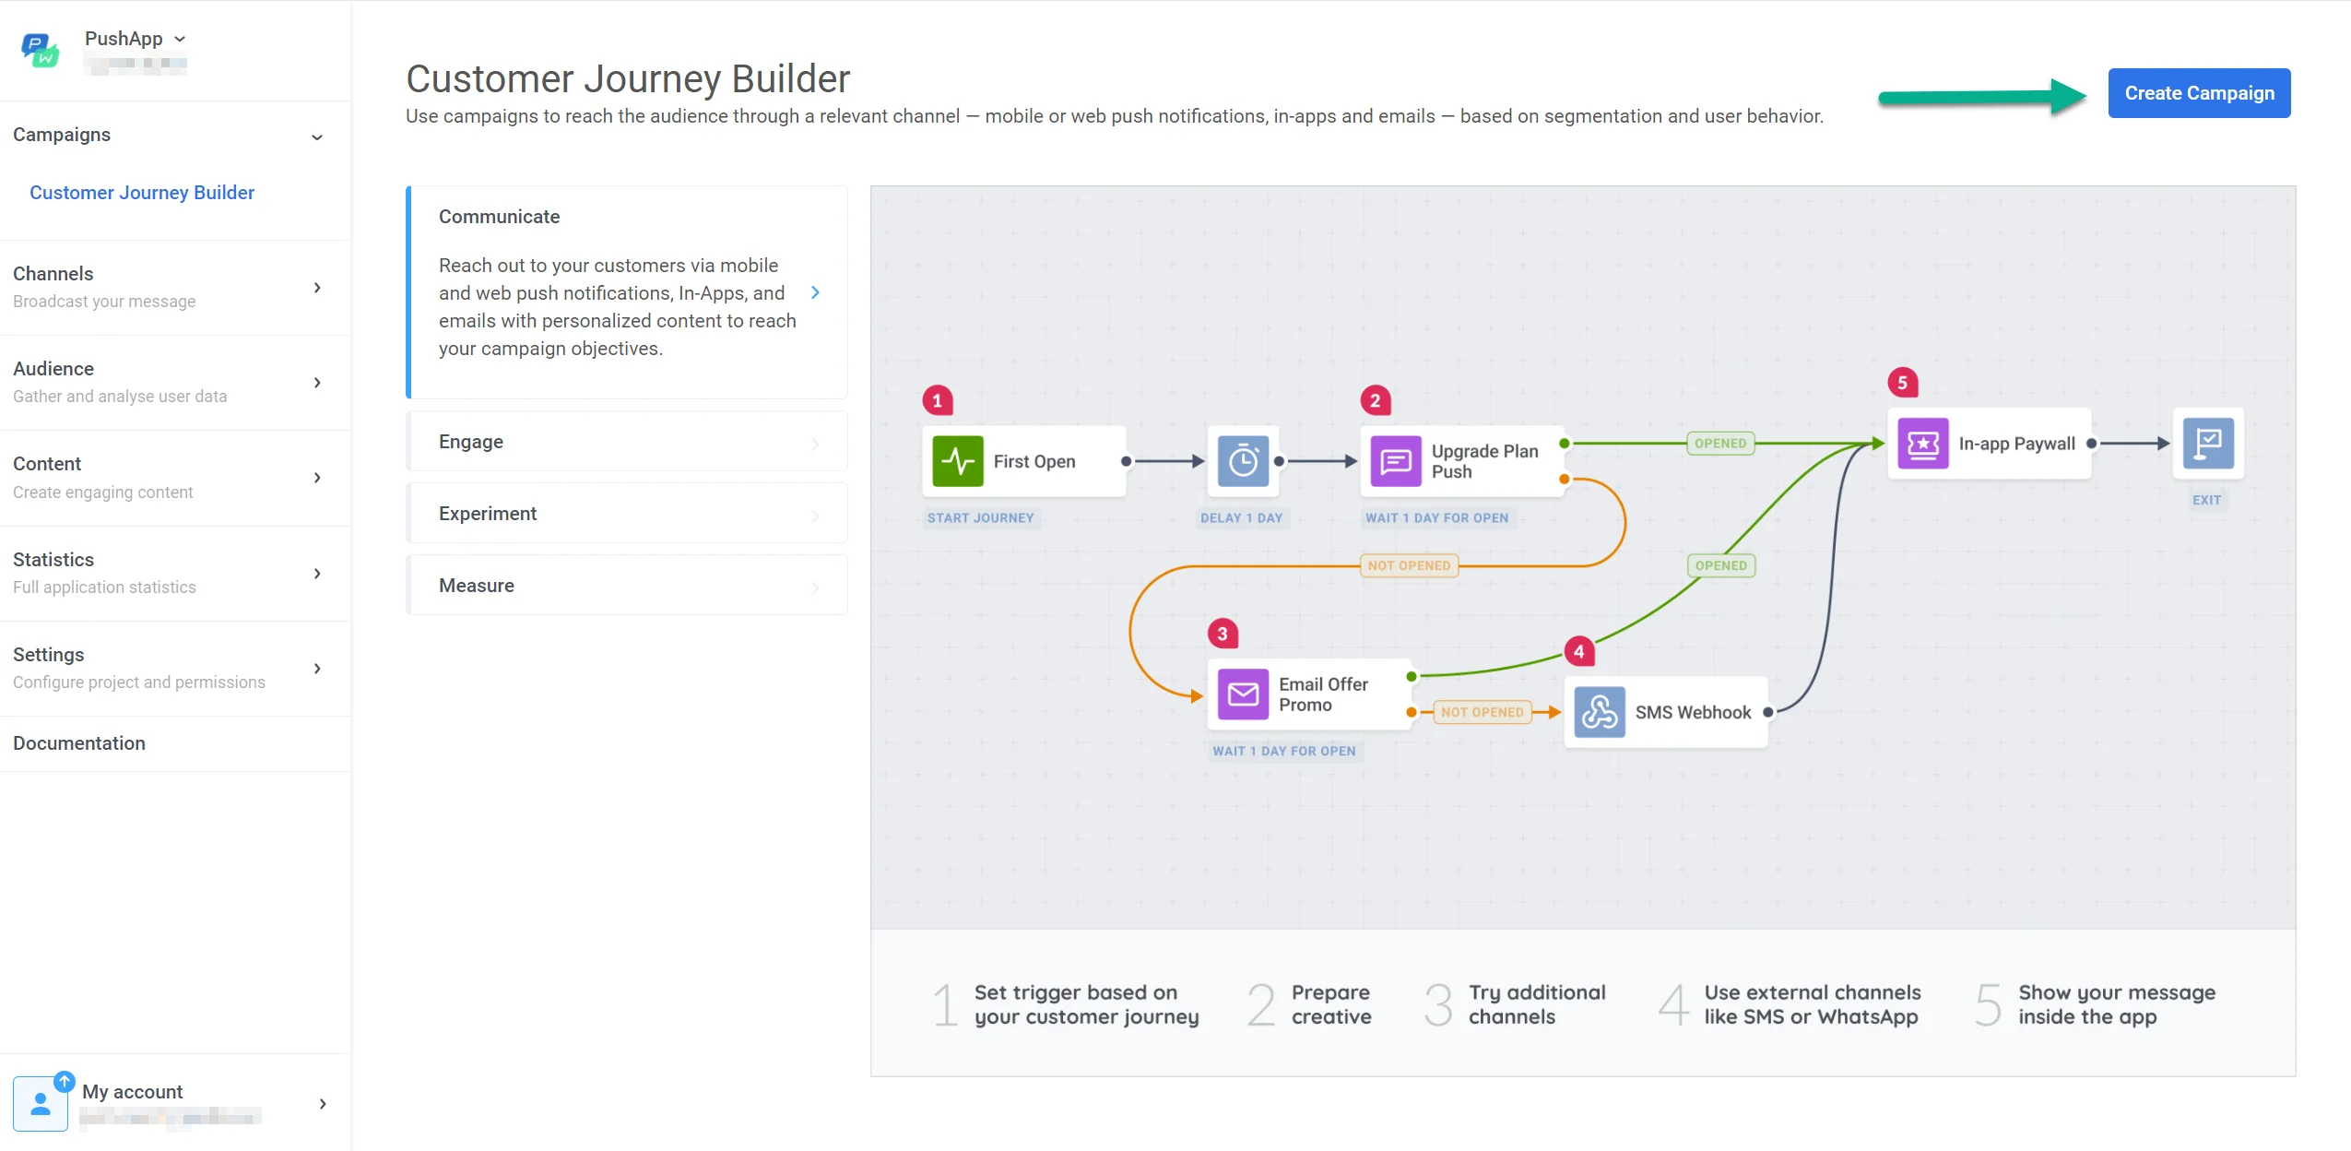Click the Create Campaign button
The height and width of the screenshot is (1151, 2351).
pyautogui.click(x=2198, y=93)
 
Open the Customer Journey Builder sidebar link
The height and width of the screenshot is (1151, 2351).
pyautogui.click(x=142, y=193)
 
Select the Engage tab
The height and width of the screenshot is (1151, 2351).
pyautogui.click(x=626, y=442)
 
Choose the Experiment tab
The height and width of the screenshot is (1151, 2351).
pyautogui.click(x=626, y=514)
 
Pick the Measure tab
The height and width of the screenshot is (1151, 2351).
pyautogui.click(x=626, y=586)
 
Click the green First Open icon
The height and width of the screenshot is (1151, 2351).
pyautogui.click(x=957, y=461)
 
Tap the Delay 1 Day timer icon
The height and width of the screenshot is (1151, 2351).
pyautogui.click(x=1243, y=461)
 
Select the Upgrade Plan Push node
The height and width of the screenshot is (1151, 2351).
pyautogui.click(x=1461, y=461)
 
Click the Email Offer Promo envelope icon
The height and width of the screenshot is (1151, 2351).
pyautogui.click(x=1243, y=694)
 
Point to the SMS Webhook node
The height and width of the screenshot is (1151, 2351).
pyautogui.click(x=1665, y=712)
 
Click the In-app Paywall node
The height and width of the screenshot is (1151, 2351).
pyautogui.click(x=1989, y=444)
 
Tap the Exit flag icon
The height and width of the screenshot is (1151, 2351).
pyautogui.click(x=2207, y=444)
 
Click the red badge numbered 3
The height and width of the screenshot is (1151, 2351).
pyautogui.click(x=1223, y=634)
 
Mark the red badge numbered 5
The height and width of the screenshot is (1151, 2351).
pyautogui.click(x=1902, y=383)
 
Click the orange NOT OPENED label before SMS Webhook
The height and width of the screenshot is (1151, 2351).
pyautogui.click(x=1482, y=712)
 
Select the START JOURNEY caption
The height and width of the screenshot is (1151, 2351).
pyautogui.click(x=980, y=518)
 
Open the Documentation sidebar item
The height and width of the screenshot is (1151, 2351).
pyautogui.click(x=79, y=743)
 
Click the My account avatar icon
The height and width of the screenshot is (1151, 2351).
pyautogui.click(x=41, y=1103)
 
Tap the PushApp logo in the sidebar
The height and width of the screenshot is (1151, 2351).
pyautogui.click(x=40, y=50)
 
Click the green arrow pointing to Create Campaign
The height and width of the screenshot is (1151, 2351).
pyautogui.click(x=1982, y=96)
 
